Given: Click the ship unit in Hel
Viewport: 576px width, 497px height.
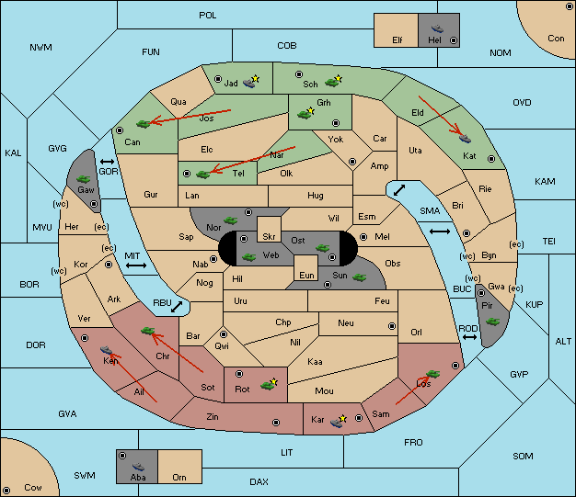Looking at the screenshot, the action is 437,28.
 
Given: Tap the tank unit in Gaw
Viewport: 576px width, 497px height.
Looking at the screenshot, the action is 84,179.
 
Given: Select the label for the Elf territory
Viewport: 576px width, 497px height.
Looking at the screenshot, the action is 397,40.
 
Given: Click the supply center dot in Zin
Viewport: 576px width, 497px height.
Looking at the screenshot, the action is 276,423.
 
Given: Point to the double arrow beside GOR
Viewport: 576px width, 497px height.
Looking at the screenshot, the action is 108,162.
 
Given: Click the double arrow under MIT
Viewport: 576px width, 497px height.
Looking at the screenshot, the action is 136,265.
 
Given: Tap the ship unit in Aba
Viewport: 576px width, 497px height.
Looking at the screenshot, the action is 139,467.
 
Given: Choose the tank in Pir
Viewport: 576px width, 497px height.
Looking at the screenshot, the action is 493,322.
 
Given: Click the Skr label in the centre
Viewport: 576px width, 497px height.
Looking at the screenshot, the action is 269,237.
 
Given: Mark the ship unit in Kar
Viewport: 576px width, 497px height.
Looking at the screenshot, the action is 337,423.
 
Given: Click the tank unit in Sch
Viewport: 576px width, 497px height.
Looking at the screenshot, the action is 332,83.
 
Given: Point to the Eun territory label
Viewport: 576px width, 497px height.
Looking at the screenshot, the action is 306,275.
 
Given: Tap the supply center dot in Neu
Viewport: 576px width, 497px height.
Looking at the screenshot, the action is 392,326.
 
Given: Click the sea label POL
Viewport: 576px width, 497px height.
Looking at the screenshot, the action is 208,16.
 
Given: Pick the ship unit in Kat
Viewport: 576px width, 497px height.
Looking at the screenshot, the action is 465,139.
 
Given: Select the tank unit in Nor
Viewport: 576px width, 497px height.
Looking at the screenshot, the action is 231,220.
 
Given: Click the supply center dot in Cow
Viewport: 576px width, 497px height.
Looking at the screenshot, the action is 6,490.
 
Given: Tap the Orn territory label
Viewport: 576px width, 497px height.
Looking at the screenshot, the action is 179,477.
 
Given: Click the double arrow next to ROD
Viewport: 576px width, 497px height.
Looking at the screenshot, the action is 469,337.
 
